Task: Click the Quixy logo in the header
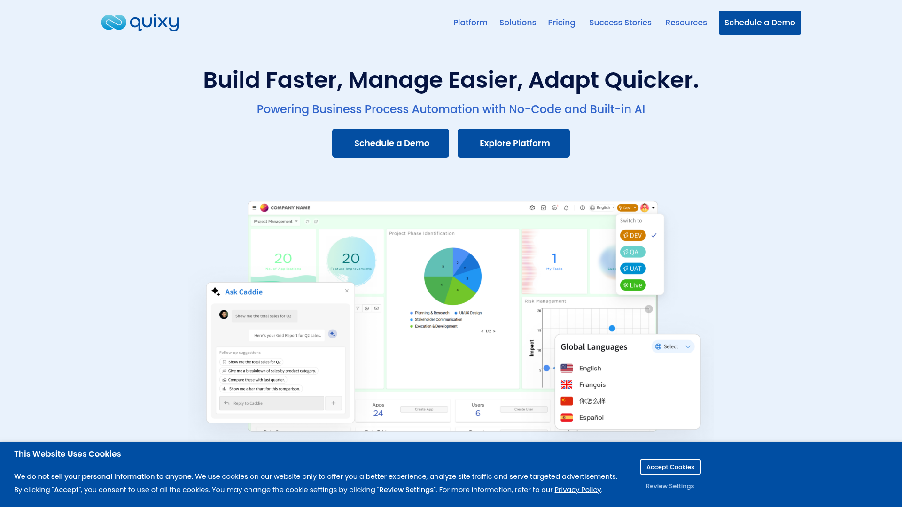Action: (x=140, y=23)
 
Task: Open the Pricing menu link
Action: (x=561, y=23)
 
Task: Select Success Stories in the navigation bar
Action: (x=620, y=23)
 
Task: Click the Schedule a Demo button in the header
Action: (x=759, y=23)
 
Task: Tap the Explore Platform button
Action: (x=513, y=143)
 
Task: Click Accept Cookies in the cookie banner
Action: (x=670, y=467)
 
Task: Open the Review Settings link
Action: (x=669, y=486)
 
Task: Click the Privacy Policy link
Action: (x=577, y=490)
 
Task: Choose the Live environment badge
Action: (x=633, y=285)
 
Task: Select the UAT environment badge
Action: (x=633, y=269)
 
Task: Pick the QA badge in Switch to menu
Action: (x=632, y=252)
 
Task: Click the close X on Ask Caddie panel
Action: (x=347, y=291)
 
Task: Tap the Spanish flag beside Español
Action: (x=567, y=417)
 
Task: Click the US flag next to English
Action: (x=567, y=368)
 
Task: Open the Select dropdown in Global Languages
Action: (x=673, y=346)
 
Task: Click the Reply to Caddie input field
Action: (x=272, y=403)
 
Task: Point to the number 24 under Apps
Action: (x=378, y=413)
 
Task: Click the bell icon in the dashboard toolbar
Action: (x=566, y=207)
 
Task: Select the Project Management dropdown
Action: (x=275, y=221)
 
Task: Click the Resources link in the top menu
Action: (x=686, y=23)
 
